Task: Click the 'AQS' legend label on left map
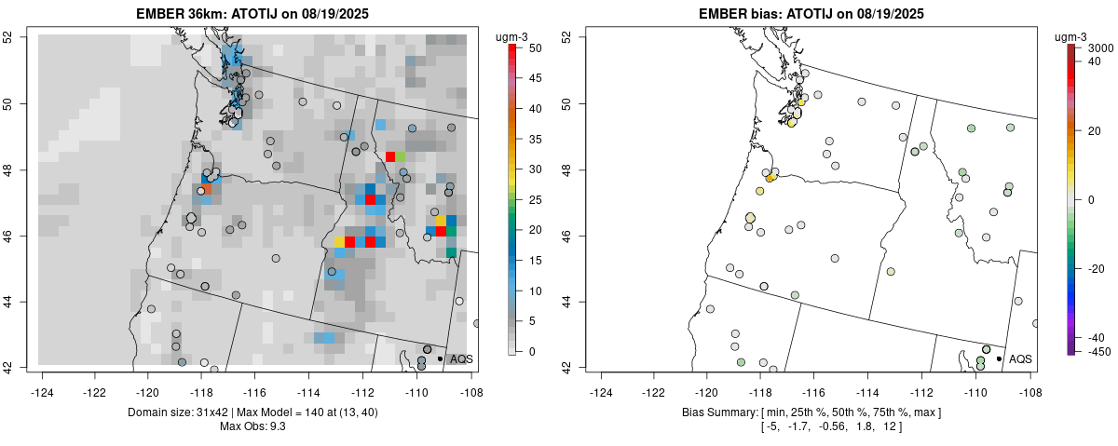461,358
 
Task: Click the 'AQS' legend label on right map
1020,358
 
